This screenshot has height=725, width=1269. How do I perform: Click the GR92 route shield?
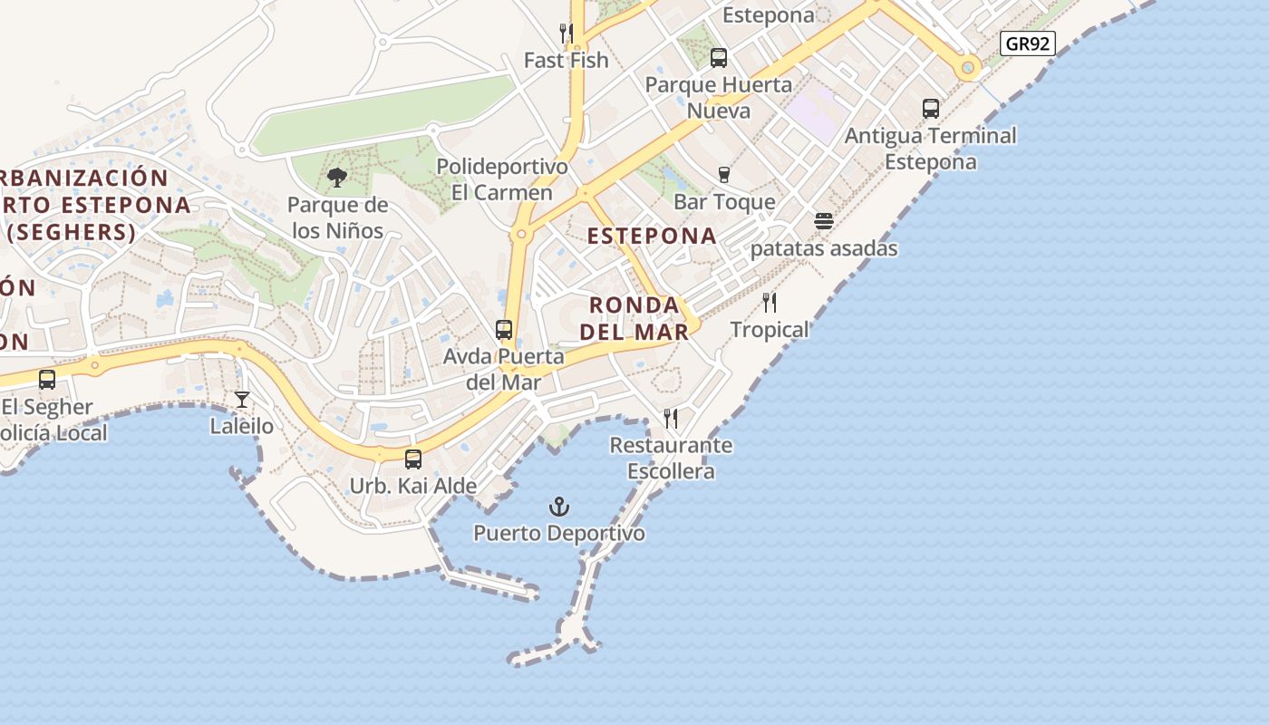pyautogui.click(x=1029, y=43)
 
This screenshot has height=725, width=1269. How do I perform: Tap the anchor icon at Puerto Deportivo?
pyautogui.click(x=560, y=507)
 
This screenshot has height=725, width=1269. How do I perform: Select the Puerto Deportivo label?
pyautogui.click(x=559, y=533)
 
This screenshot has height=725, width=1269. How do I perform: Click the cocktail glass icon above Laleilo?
pyautogui.click(x=242, y=399)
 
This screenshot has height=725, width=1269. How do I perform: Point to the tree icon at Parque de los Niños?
pyautogui.click(x=337, y=178)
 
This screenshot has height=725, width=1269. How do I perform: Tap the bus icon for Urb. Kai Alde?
pyautogui.click(x=413, y=459)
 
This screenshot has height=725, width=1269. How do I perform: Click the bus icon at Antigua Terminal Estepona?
pyautogui.click(x=931, y=109)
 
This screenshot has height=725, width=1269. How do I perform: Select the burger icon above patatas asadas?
pyautogui.click(x=824, y=221)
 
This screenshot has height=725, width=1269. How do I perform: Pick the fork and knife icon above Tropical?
pyautogui.click(x=770, y=303)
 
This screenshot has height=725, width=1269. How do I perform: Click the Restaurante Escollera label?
pyautogui.click(x=671, y=458)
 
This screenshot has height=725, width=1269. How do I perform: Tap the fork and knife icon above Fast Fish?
pyautogui.click(x=567, y=34)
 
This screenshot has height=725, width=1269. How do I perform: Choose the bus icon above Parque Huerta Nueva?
pyautogui.click(x=719, y=58)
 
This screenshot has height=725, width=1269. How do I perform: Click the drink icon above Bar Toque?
pyautogui.click(x=723, y=174)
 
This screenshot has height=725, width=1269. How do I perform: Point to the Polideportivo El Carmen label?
pyautogui.click(x=502, y=179)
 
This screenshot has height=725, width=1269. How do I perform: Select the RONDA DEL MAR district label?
pyautogui.click(x=634, y=318)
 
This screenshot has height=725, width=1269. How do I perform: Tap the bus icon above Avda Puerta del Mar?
pyautogui.click(x=504, y=330)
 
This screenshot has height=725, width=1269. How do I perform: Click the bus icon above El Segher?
pyautogui.click(x=47, y=380)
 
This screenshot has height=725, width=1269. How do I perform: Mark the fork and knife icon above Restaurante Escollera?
pyautogui.click(x=671, y=419)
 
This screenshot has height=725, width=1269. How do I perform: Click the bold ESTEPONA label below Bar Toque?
pyautogui.click(x=652, y=236)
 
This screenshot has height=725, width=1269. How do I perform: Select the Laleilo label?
pyautogui.click(x=242, y=425)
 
